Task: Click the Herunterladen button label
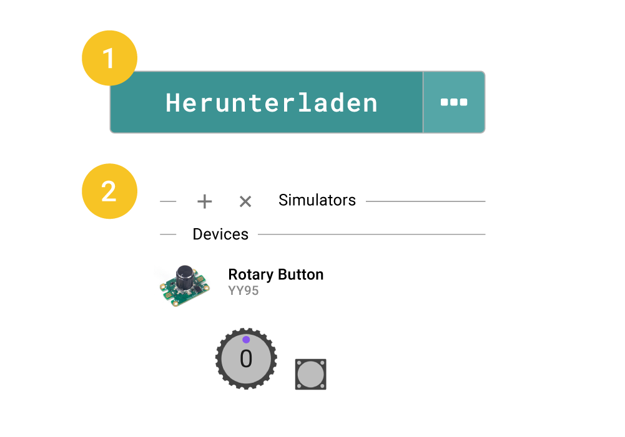[272, 103]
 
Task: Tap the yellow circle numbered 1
[110, 58]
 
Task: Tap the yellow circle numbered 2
[110, 191]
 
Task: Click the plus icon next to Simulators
[204, 201]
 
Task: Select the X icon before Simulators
[245, 201]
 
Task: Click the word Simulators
[317, 200]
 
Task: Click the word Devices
[220, 234]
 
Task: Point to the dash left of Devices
[168, 234]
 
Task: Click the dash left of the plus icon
[168, 202]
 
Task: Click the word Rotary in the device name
[251, 275]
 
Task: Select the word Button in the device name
[300, 274]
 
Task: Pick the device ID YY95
[243, 291]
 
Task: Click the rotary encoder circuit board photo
[185, 286]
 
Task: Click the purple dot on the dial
[246, 340]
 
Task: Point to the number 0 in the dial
[246, 358]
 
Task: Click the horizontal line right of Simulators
[426, 201]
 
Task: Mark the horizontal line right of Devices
[372, 234]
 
